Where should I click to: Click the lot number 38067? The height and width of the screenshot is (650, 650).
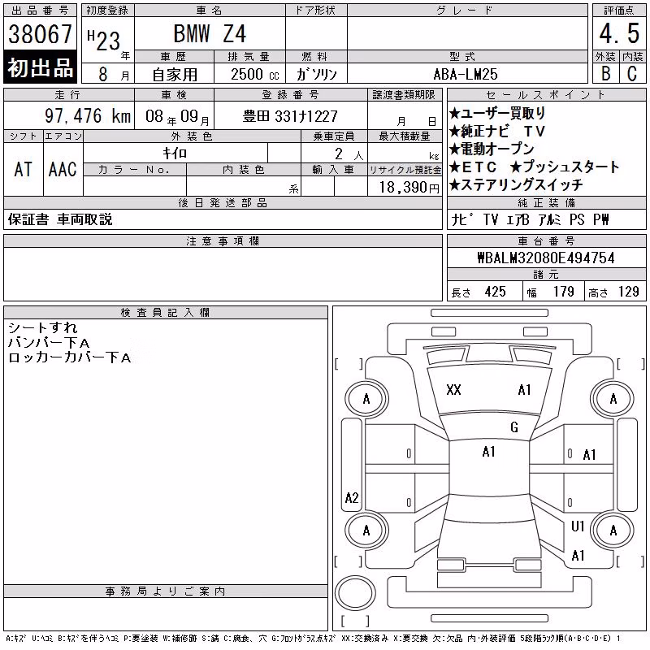click(40, 34)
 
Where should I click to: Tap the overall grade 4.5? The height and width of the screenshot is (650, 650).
click(619, 33)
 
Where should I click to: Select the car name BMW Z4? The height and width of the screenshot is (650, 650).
click(210, 33)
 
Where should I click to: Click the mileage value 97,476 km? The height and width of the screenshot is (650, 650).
click(88, 115)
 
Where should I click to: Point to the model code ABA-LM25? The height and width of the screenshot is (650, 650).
click(466, 74)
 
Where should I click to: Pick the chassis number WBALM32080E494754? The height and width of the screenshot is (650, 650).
click(546, 258)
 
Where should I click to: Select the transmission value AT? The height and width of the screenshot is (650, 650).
click(24, 170)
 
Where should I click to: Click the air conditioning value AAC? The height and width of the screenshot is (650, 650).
click(63, 170)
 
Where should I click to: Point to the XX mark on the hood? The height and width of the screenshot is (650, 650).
click(453, 390)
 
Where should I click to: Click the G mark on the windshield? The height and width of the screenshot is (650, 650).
click(514, 427)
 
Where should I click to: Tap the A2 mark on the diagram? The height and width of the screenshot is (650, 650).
click(352, 497)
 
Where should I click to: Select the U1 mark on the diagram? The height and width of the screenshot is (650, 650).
click(578, 526)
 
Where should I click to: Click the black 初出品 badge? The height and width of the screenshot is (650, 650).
click(40, 67)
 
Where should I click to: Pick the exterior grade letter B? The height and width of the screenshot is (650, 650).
click(605, 74)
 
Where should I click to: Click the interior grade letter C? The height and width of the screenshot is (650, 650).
click(632, 74)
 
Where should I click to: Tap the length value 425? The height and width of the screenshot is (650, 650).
click(495, 292)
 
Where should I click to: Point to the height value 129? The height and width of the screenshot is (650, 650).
click(628, 292)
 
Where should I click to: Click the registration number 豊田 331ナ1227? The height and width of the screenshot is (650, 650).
click(290, 116)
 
